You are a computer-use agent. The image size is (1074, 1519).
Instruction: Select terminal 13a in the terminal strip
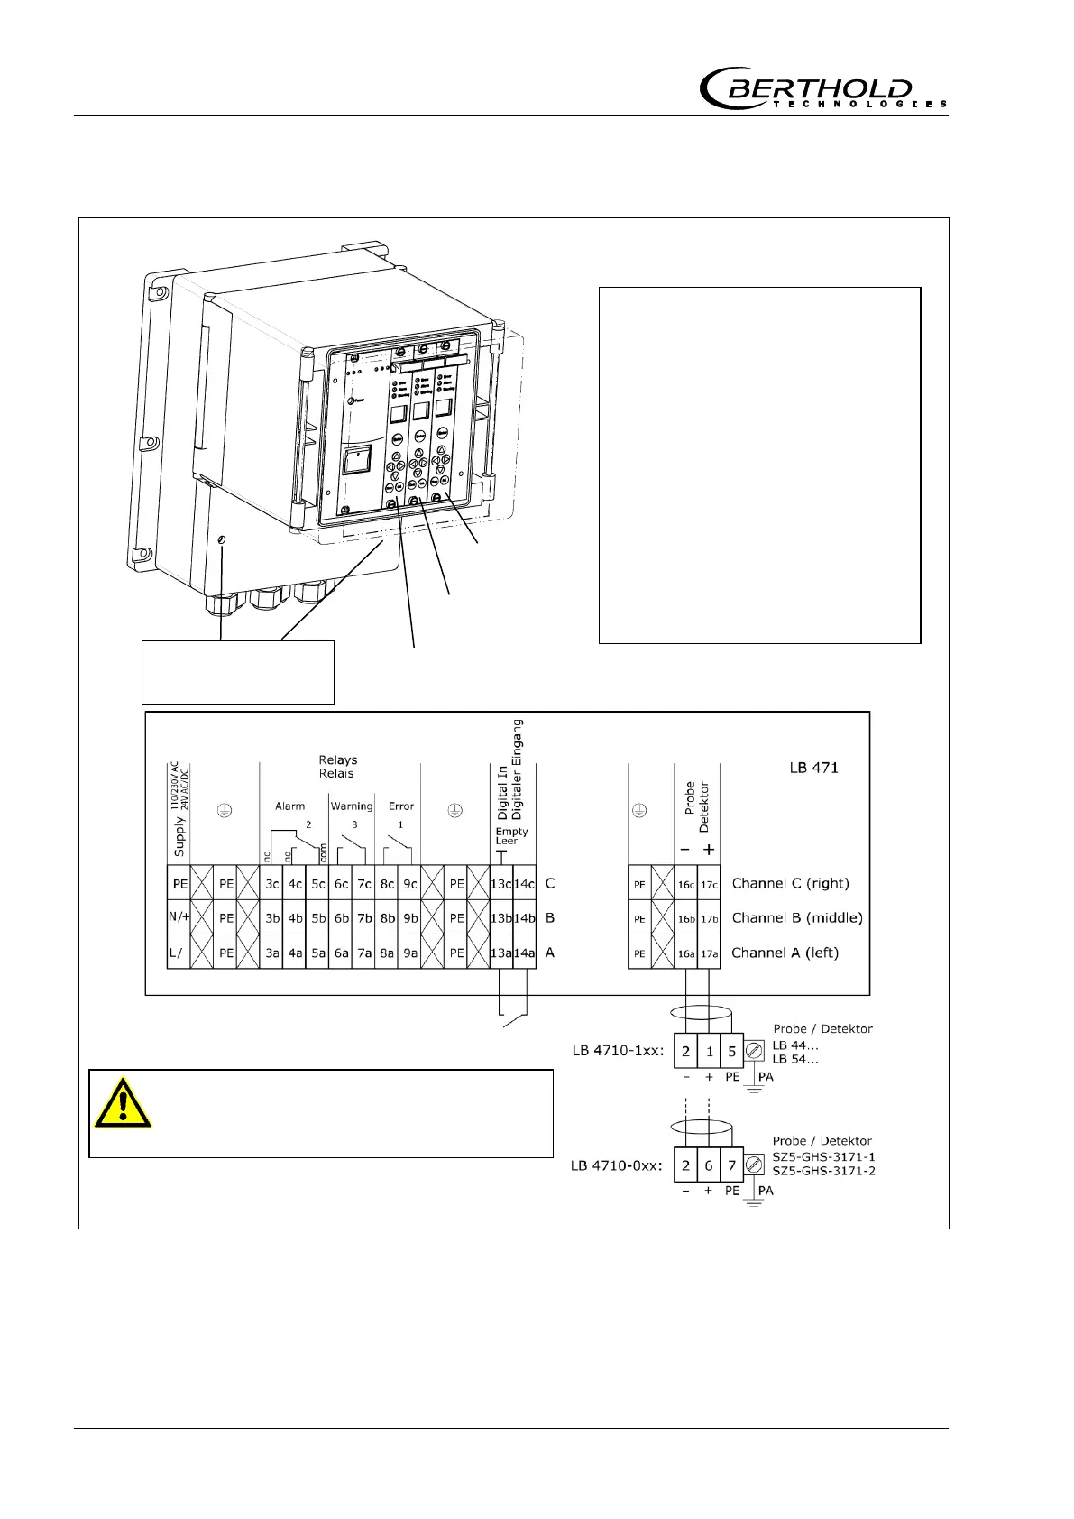[x=500, y=953]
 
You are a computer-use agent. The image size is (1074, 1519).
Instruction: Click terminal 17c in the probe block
[x=709, y=885]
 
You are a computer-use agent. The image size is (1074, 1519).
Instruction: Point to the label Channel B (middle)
[x=797, y=918]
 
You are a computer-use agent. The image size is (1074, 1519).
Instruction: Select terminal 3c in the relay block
[x=272, y=885]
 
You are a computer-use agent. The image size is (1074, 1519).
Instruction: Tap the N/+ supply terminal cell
[x=179, y=918]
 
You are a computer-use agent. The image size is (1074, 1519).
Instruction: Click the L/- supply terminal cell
[x=179, y=953]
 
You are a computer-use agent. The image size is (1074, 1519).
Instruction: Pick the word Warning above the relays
[x=351, y=806]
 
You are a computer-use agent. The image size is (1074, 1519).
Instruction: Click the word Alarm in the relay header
[x=289, y=806]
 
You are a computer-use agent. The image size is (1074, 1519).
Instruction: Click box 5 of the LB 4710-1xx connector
[x=732, y=1051]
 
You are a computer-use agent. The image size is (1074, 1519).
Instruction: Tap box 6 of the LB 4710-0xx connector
[x=709, y=1165]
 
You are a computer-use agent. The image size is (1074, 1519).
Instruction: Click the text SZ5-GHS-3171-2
[x=823, y=1171]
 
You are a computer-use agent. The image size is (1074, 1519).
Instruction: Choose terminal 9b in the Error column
[x=409, y=918]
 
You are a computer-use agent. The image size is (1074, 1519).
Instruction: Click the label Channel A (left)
[x=785, y=953]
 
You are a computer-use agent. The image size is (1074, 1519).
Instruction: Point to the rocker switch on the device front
[x=356, y=464]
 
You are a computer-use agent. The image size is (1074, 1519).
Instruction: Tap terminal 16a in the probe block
[x=686, y=953]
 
